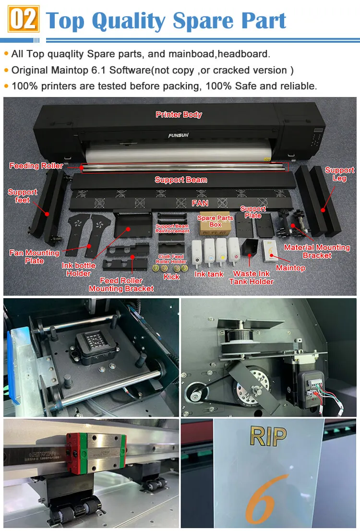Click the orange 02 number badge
pos(23,20)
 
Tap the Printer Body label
pos(179,115)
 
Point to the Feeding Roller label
pos(36,166)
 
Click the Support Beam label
pos(181,180)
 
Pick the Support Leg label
pos(339,174)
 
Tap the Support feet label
pos(22,196)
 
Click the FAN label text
pos(200,203)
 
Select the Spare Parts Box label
pos(216,221)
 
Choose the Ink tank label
pos(209,274)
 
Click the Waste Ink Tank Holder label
pos(252,278)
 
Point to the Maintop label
pos(290,268)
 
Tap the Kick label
pos(171,277)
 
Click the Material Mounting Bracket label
pos(317,252)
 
